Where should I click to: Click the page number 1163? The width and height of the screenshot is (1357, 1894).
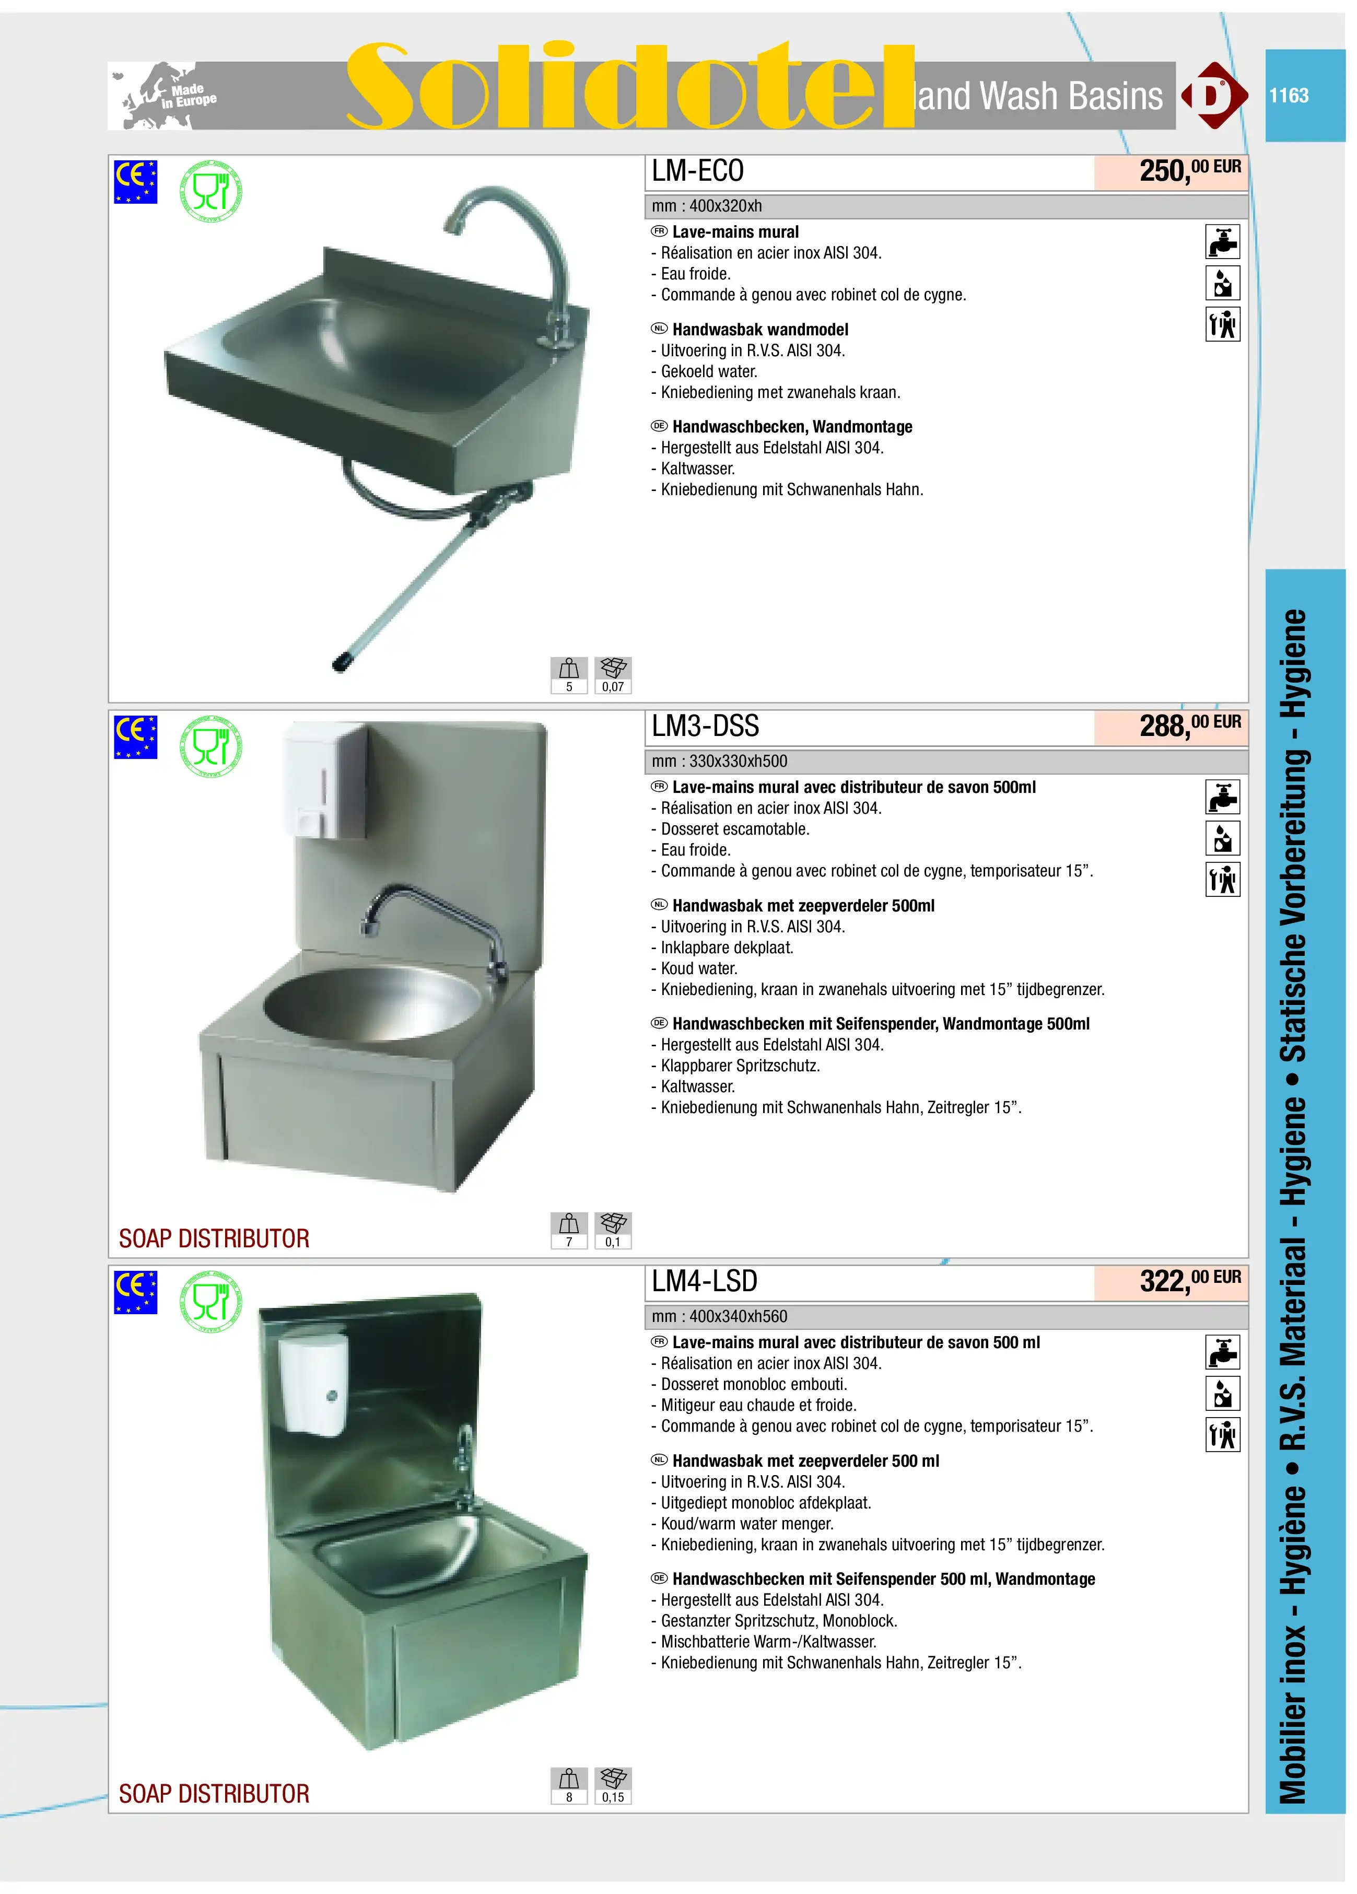pos(1289,95)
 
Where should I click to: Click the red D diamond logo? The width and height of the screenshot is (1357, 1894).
pos(1213,95)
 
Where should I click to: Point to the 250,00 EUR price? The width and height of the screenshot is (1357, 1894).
pos(1190,170)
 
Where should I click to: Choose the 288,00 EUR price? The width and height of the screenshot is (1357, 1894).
pos(1190,726)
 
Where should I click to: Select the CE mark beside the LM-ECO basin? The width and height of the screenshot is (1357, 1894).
pos(135,182)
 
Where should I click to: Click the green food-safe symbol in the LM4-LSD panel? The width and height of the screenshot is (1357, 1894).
pos(211,1301)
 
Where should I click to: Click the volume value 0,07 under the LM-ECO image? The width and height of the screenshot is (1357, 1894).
pos(613,686)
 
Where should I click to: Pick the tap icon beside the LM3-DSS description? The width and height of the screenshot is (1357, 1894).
pos(1223,797)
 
